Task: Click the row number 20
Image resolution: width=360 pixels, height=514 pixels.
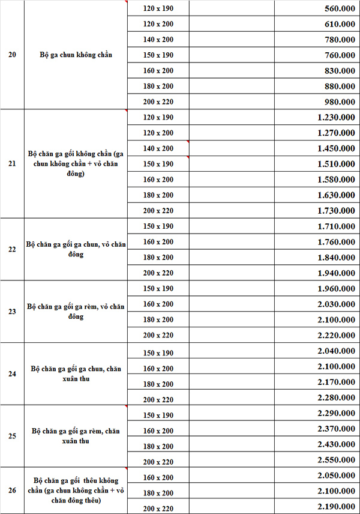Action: point(12,55)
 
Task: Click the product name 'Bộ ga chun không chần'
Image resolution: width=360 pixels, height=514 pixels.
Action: point(76,55)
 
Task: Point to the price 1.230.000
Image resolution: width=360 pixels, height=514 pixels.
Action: point(336,118)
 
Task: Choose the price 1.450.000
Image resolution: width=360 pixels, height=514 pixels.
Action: point(336,149)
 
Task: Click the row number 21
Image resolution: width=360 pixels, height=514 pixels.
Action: point(12,163)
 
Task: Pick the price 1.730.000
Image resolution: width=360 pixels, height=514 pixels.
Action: point(336,211)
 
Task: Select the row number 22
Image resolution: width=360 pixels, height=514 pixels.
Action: point(12,249)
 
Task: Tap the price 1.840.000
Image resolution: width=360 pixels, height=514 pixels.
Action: point(336,258)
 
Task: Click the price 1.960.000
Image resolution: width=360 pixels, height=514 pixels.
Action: point(336,289)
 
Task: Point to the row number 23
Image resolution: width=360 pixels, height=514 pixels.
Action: point(12,312)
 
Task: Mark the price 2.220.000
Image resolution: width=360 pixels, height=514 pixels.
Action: point(336,336)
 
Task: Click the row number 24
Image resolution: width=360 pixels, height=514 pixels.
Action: point(12,374)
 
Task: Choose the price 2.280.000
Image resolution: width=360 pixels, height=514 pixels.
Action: point(336,398)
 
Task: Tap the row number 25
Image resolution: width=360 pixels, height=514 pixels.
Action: point(12,437)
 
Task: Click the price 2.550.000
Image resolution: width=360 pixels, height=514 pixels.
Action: point(336,461)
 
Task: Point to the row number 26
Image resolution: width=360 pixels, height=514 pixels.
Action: point(12,491)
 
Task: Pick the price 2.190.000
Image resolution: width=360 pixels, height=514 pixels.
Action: point(336,506)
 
